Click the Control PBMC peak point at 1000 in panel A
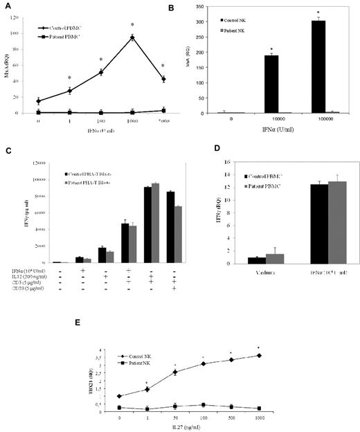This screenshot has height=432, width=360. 132,37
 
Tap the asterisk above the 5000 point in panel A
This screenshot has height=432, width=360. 163,66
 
